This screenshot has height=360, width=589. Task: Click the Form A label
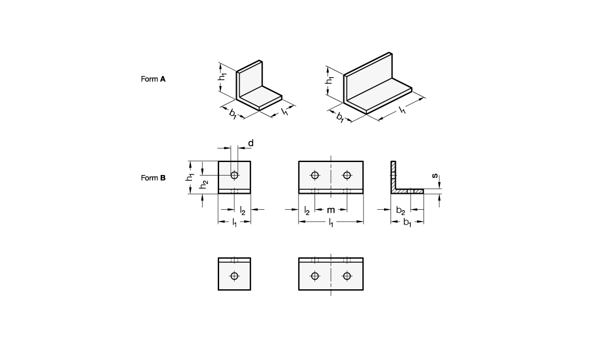tap(153, 79)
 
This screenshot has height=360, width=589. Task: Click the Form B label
tap(153, 178)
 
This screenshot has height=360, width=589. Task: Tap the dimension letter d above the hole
tap(251, 143)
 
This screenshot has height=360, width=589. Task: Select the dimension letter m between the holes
tap(330, 210)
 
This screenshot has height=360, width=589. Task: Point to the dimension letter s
tap(435, 176)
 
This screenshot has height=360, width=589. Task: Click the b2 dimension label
tap(401, 210)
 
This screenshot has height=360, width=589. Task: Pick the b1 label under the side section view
tap(407, 223)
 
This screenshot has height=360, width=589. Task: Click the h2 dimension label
tap(204, 184)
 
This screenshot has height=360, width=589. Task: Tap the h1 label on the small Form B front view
tap(190, 177)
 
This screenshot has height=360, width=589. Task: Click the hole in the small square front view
tap(234, 175)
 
